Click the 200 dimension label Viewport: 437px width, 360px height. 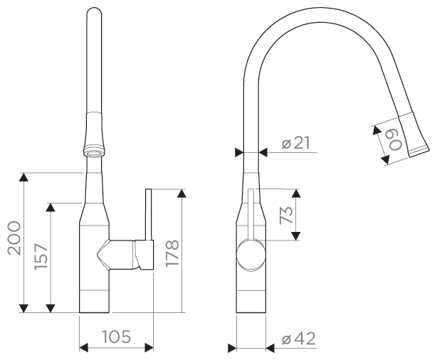(x=14, y=238)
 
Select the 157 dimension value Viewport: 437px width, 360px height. (x=41, y=257)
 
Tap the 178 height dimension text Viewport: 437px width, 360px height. (x=172, y=253)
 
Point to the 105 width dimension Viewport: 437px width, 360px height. (x=117, y=337)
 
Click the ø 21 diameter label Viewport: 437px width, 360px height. (x=296, y=143)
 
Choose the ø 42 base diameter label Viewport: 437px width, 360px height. (x=298, y=339)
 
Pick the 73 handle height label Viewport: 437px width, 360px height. (x=286, y=215)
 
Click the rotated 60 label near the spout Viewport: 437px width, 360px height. (x=395, y=140)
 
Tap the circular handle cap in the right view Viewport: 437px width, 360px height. (x=251, y=255)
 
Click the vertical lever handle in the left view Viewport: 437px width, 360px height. (x=149, y=214)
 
